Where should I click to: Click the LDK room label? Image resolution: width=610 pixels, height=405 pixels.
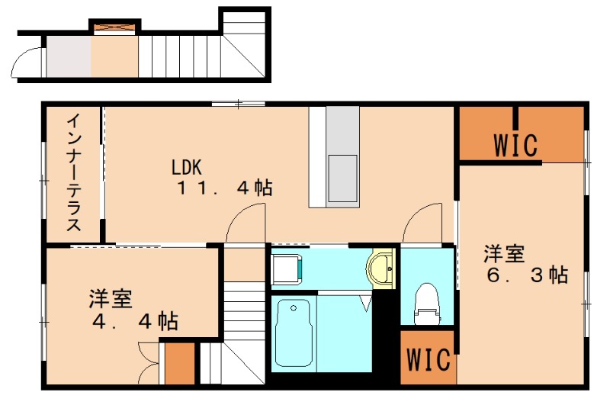(186, 166)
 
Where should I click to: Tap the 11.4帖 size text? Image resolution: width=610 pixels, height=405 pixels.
(225, 188)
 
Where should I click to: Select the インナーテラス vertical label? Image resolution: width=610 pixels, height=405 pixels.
(74, 173)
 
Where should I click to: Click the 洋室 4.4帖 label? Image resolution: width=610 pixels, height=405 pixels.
(133, 309)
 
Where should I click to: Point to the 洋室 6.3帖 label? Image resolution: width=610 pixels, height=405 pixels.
(526, 264)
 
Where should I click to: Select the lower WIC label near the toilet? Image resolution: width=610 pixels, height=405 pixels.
(427, 359)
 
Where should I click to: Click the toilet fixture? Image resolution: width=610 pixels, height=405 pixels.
(426, 302)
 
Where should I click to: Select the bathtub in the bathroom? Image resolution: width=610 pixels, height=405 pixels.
(294, 333)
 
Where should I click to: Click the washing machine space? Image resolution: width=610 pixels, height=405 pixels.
(287, 268)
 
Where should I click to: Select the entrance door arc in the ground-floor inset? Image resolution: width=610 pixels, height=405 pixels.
(30, 61)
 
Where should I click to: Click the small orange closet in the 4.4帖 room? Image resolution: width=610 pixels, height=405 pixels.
(181, 365)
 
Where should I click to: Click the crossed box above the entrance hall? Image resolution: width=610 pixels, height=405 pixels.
(114, 27)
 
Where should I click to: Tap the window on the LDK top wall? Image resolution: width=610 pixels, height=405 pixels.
(238, 103)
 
